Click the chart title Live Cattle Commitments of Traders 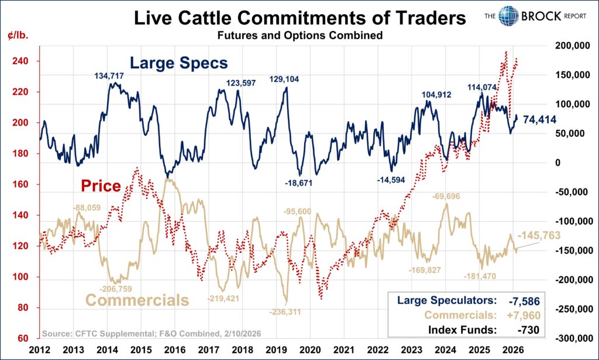pyautogui.click(x=299, y=18)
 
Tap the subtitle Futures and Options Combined pyautogui.click(x=299, y=36)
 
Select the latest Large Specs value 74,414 pyautogui.click(x=539, y=120)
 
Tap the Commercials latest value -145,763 pyautogui.click(x=539, y=236)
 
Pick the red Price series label pyautogui.click(x=101, y=186)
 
